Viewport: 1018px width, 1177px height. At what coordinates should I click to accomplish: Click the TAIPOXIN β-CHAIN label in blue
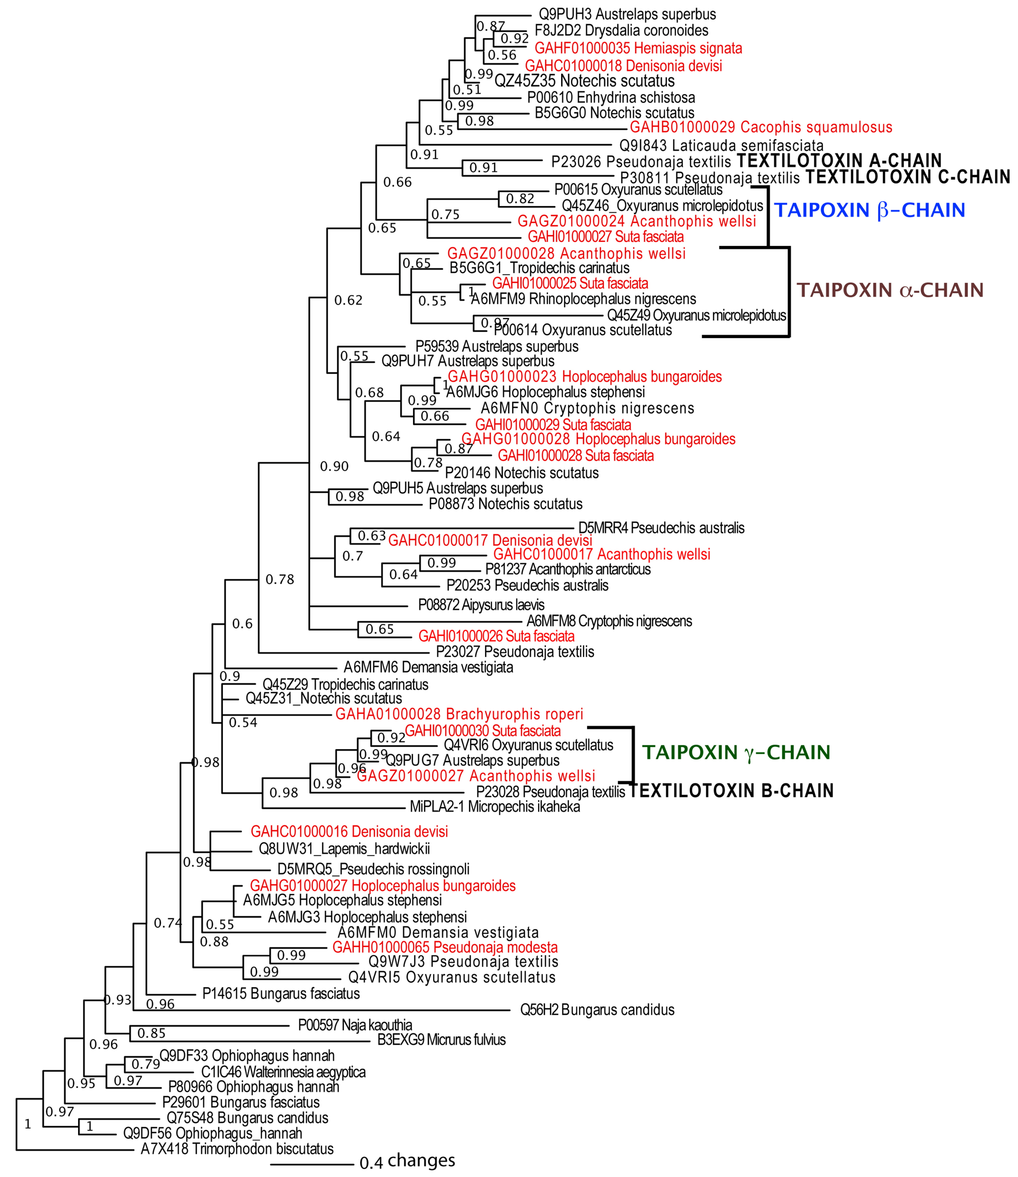tap(869, 210)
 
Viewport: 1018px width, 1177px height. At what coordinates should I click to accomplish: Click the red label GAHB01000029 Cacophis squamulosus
tap(761, 127)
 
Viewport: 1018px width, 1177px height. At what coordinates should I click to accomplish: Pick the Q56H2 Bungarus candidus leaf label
tap(597, 1010)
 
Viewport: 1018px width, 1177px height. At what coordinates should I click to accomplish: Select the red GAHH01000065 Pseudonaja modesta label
tap(445, 947)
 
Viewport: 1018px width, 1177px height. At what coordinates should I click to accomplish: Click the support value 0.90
tap(334, 466)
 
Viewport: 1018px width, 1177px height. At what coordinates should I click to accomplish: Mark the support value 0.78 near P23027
tap(280, 580)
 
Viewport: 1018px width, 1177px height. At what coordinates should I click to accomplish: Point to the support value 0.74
tap(168, 923)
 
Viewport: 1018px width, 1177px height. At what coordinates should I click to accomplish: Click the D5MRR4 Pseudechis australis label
tap(661, 528)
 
